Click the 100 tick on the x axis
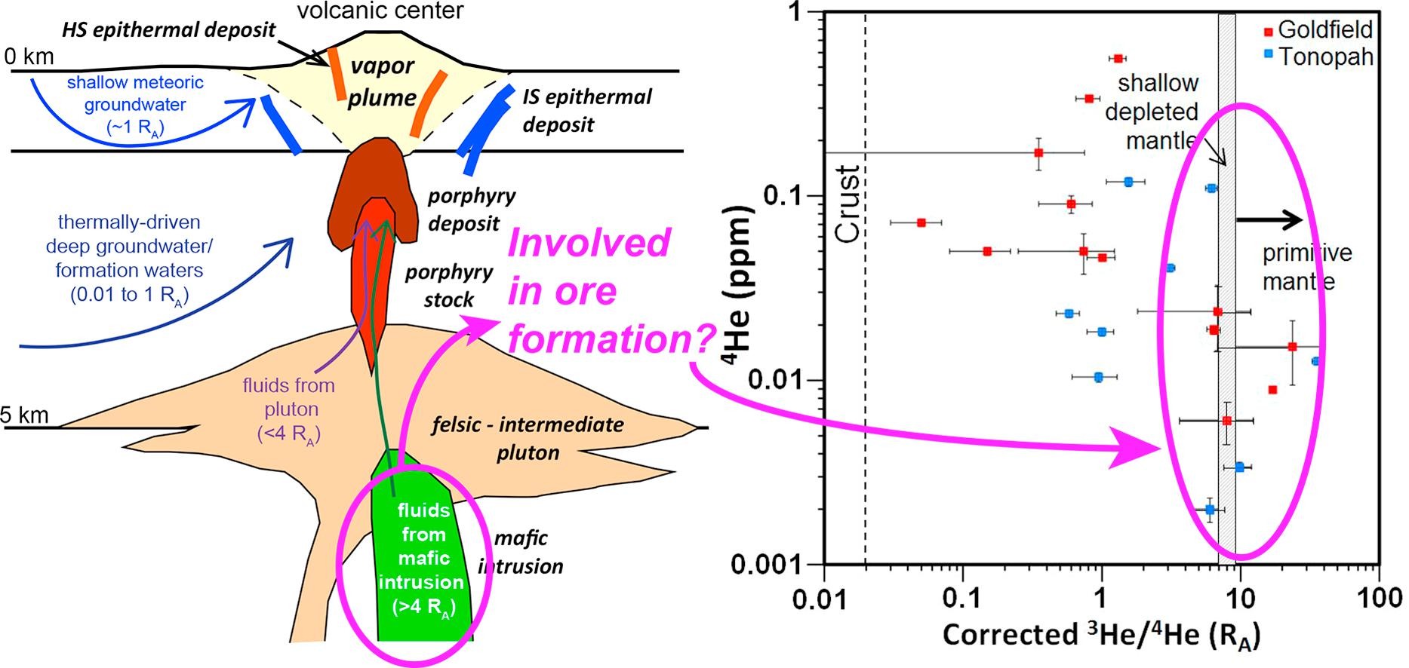tap(1379, 598)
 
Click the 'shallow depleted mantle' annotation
tap(1152, 112)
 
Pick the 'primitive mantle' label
tap(1307, 267)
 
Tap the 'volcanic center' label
tap(380, 11)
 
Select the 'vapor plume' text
tap(381, 81)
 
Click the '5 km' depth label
tap(25, 415)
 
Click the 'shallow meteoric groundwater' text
tap(135, 105)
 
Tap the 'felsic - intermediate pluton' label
tap(528, 438)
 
